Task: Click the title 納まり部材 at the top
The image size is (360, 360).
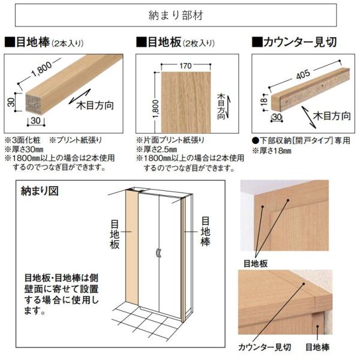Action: [x=179, y=13]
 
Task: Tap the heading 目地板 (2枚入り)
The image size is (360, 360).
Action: [x=174, y=43]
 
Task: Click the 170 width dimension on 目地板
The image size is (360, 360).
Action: [x=185, y=66]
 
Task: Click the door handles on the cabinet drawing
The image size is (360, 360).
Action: [x=158, y=252]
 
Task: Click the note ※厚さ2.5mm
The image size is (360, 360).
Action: [x=161, y=148]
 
